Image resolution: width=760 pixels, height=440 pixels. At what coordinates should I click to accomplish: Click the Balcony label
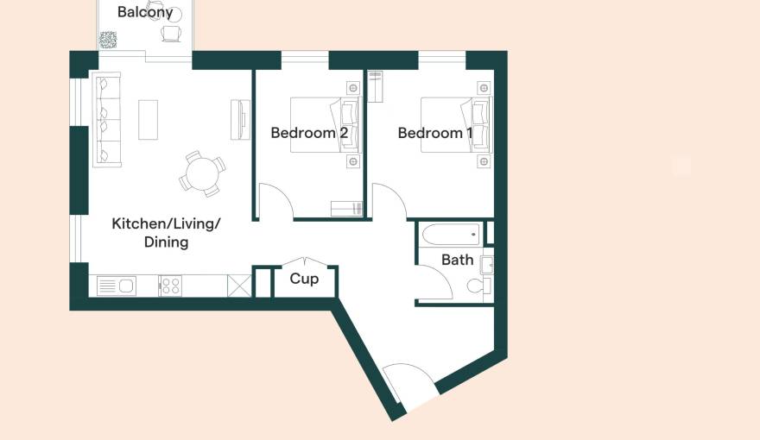[145, 11]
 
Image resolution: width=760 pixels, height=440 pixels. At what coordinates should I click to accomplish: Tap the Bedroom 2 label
[309, 133]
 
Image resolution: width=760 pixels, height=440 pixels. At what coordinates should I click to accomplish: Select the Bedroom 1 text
[434, 133]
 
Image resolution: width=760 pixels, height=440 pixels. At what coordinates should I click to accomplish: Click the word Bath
[457, 260]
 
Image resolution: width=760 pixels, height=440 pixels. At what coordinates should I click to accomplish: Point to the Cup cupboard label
[304, 279]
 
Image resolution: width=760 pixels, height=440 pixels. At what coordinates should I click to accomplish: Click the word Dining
[166, 242]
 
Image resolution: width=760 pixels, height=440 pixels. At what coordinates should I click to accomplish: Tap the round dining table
[203, 173]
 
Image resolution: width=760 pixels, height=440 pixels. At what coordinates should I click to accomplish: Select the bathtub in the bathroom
[451, 235]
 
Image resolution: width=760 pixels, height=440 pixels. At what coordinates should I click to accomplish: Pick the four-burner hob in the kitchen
[171, 285]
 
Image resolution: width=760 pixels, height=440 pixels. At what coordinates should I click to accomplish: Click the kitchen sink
[117, 286]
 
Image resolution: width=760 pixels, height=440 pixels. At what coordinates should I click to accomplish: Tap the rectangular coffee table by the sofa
[149, 120]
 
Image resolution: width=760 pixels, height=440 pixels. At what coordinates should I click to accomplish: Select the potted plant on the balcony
[108, 40]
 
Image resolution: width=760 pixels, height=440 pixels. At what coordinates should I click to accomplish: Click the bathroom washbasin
[486, 265]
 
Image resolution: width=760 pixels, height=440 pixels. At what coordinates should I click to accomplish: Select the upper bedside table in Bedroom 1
[484, 88]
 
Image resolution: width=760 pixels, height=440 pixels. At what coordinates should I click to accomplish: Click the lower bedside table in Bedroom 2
[353, 161]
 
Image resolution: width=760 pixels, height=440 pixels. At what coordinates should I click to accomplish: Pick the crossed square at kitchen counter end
[239, 286]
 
